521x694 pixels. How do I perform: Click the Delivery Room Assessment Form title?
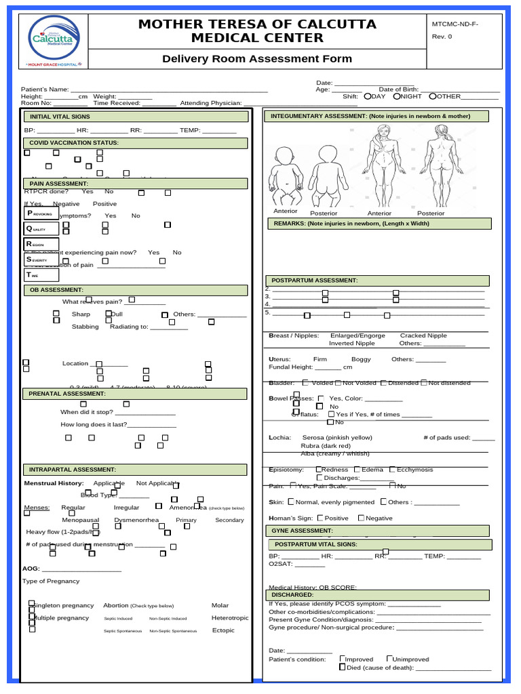[x=257, y=58]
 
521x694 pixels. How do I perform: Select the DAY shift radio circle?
[x=368, y=96]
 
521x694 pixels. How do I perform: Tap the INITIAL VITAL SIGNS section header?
[x=136, y=117]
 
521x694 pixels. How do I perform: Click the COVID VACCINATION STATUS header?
[x=136, y=143]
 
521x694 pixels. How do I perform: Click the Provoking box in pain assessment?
[x=41, y=213]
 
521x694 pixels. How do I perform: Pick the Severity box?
[x=41, y=260]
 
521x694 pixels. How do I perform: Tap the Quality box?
[x=41, y=228]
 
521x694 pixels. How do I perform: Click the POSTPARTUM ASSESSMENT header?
[x=377, y=281]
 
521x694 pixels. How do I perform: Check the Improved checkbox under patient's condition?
[x=343, y=658]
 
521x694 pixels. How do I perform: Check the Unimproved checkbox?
[x=389, y=658]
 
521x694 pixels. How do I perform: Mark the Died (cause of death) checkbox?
[x=343, y=667]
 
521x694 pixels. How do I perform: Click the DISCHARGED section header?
[x=377, y=595]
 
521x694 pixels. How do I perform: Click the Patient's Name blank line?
[x=169, y=89]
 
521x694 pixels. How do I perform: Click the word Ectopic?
[x=223, y=630]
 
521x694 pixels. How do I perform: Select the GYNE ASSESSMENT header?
[x=377, y=531]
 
